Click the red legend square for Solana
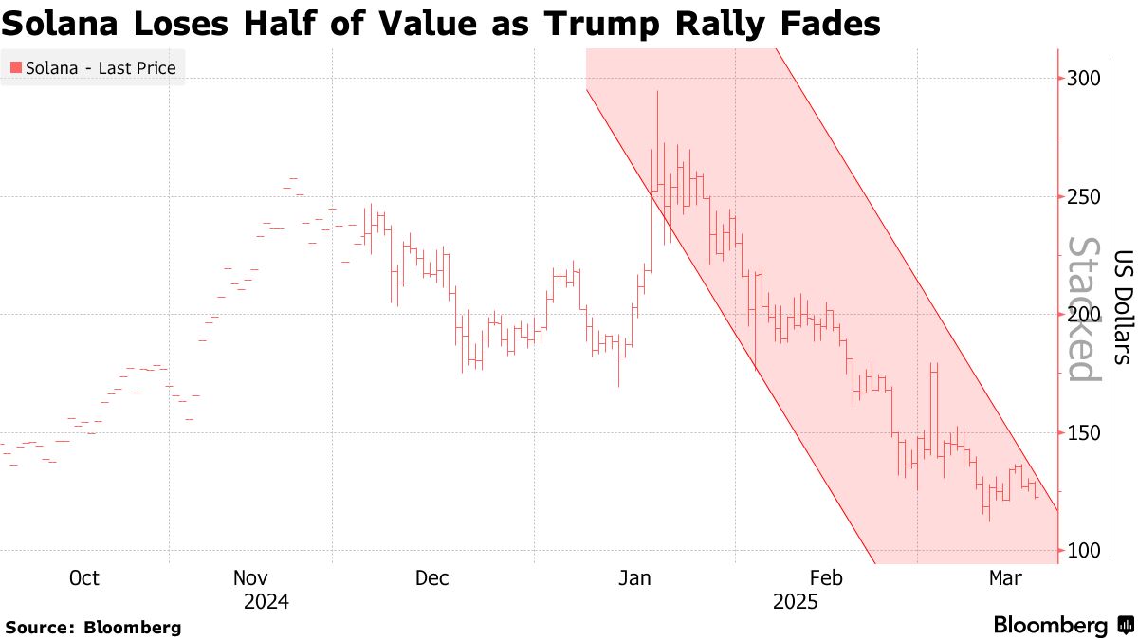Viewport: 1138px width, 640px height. [16, 68]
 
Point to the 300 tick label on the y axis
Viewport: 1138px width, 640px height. [1083, 79]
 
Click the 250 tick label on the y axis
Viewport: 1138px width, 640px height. [1083, 196]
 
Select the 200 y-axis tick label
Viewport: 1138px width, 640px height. [1083, 315]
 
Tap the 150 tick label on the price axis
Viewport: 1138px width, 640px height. [1083, 432]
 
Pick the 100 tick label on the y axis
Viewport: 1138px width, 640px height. [1083, 551]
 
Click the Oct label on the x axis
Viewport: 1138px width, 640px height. [84, 578]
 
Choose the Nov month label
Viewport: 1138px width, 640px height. [251, 578]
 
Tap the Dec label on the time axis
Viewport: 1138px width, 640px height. [432, 578]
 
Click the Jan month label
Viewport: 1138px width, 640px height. [633, 578]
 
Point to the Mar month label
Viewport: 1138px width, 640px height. [1004, 578]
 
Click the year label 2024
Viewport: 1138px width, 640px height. [266, 602]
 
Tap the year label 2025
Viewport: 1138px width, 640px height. [795, 602]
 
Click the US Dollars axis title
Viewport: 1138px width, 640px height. [1123, 307]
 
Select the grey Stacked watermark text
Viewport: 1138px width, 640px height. [1083, 308]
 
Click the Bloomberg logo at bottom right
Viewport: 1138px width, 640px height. [1062, 626]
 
